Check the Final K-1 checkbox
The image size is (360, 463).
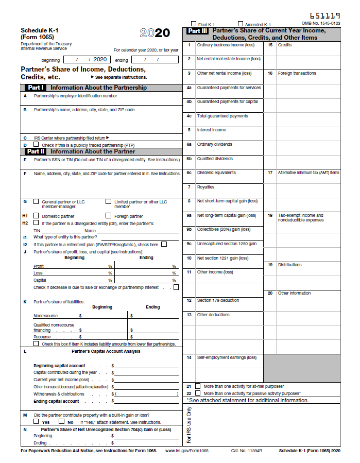point(194,24)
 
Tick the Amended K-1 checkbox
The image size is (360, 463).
point(241,24)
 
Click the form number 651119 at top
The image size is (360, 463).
point(325,16)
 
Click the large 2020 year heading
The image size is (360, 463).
point(155,33)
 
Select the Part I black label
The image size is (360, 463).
point(36,88)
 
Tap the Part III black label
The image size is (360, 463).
point(197,31)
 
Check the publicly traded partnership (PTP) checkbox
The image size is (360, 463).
point(36,145)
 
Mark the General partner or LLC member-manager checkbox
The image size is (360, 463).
point(36,201)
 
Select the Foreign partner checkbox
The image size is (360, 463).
point(108,216)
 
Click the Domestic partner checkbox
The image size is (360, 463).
point(36,216)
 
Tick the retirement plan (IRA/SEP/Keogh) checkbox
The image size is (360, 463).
point(164,244)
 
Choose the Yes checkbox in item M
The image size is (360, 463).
point(36,421)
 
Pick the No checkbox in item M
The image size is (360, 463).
point(62,421)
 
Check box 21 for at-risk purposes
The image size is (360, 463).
point(197,386)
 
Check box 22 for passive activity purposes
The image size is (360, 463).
point(197,393)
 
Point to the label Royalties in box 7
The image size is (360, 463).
point(205,187)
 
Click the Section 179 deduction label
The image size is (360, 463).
point(218,300)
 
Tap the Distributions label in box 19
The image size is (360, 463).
point(289,265)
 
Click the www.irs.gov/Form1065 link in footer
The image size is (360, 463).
point(187,451)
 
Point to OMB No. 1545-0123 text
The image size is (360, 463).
point(321,24)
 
